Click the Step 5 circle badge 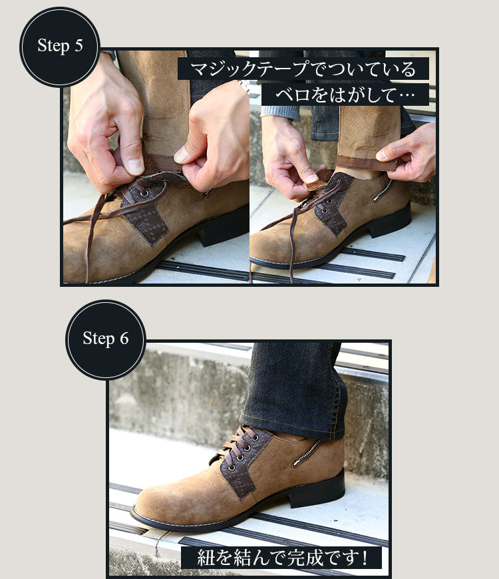[60, 47]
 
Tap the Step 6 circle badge [106, 339]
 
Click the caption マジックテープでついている [303, 69]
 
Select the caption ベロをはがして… [345, 95]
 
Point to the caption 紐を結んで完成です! [281, 558]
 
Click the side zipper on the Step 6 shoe [307, 453]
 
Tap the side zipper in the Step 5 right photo [383, 190]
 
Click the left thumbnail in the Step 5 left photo [134, 166]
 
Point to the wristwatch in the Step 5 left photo [244, 87]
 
